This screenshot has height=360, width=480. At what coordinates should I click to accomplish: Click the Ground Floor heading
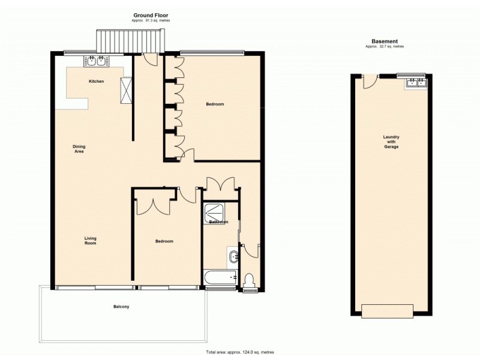tap(150, 15)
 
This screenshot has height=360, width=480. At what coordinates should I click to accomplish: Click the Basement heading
tap(384, 41)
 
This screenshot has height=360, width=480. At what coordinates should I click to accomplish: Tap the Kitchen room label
tap(97, 81)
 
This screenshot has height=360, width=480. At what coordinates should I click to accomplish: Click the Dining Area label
tap(79, 149)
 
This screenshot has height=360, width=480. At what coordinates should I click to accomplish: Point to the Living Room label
tap(90, 241)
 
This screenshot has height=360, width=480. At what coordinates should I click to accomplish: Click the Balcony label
tap(121, 307)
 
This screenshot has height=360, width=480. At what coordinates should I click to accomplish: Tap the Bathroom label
tap(218, 222)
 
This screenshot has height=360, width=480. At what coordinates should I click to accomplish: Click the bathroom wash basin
tap(233, 257)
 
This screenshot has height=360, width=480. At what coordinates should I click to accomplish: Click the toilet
tap(250, 280)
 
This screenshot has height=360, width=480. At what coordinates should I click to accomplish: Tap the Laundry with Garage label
tap(391, 142)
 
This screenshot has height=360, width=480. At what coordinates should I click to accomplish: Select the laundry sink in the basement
tap(416, 83)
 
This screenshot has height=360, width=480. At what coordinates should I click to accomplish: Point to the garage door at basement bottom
tap(387, 311)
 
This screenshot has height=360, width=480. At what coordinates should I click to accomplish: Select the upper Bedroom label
tap(215, 104)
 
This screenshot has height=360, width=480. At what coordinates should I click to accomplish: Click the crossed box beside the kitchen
tap(126, 90)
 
